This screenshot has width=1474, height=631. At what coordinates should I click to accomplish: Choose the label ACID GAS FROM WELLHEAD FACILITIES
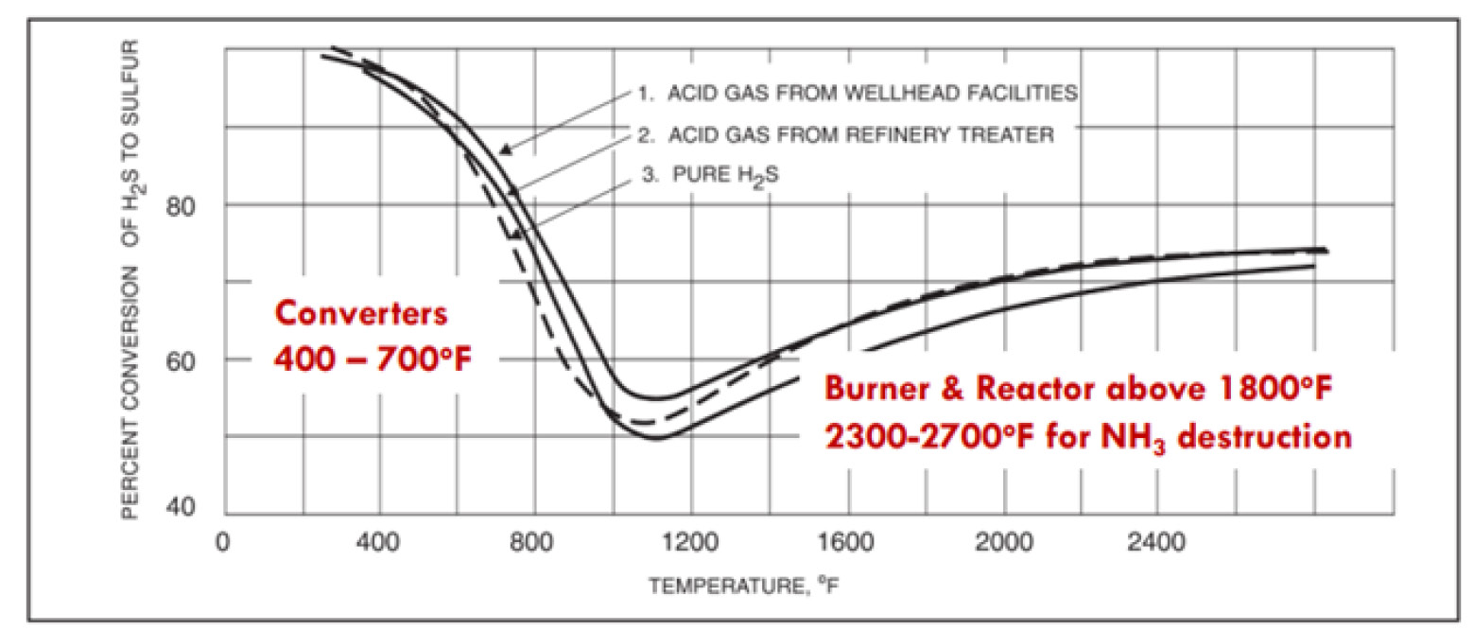(857, 93)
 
